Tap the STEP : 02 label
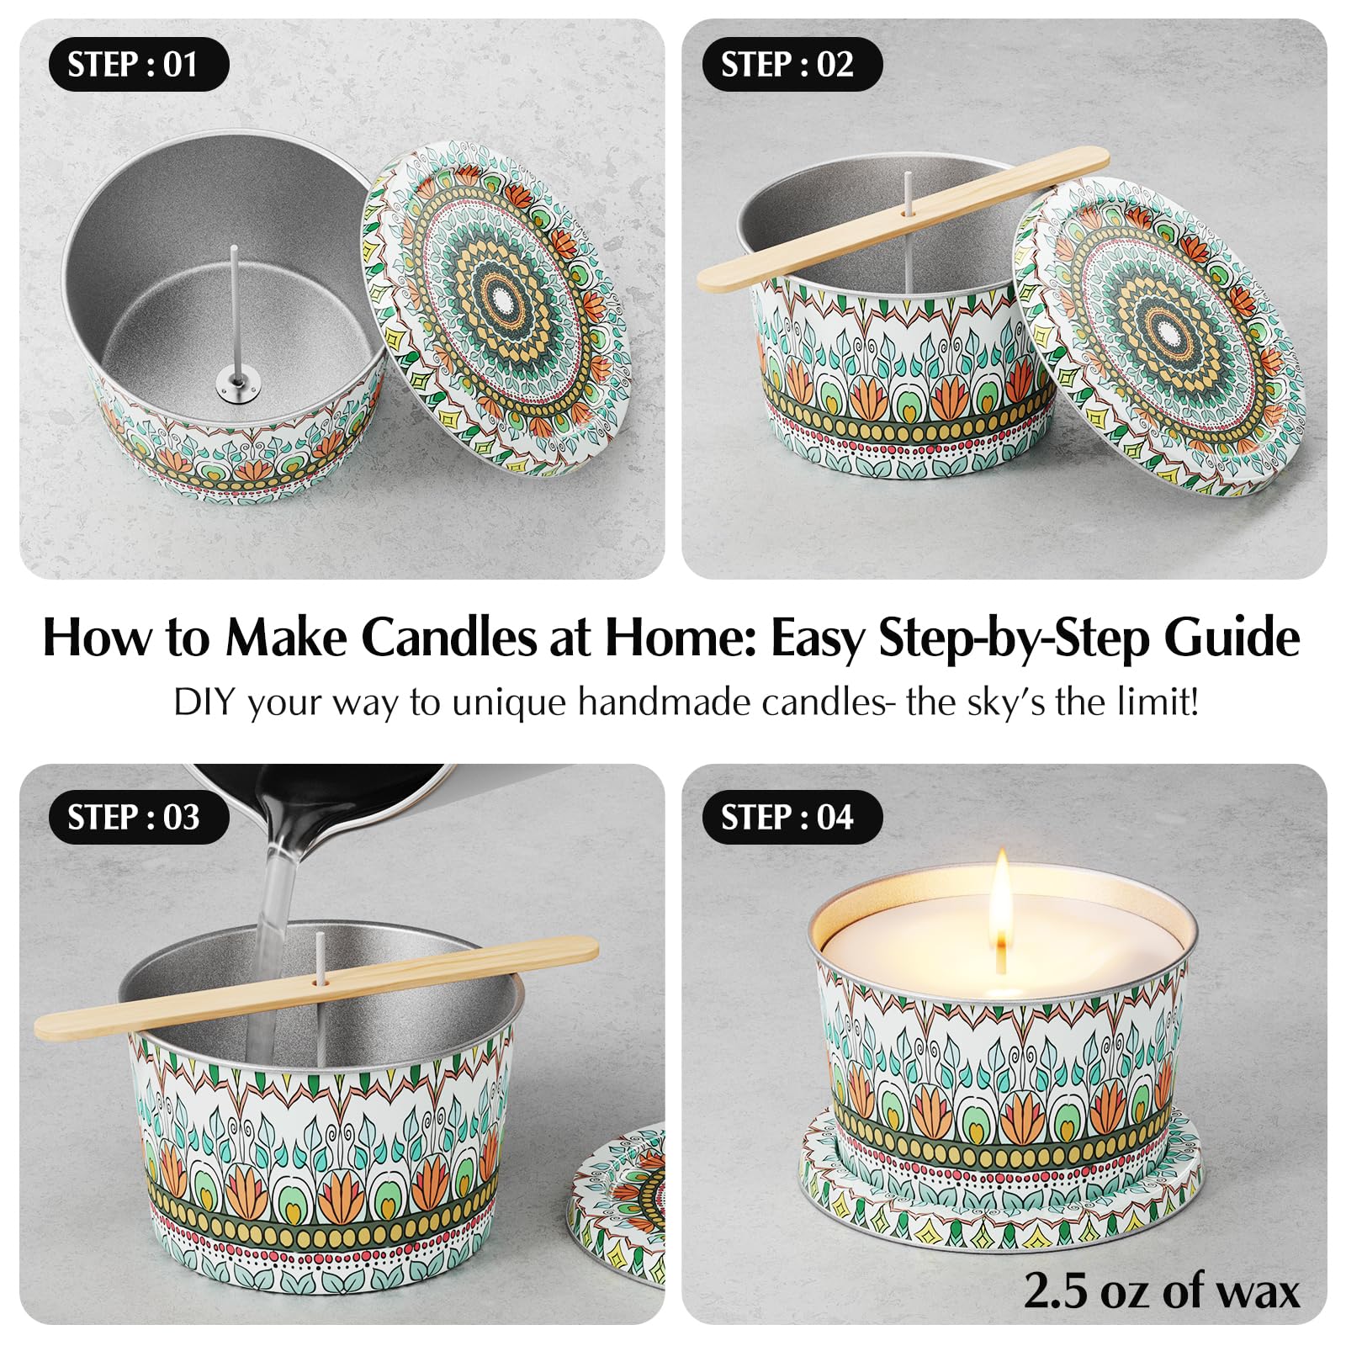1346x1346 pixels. (x=787, y=65)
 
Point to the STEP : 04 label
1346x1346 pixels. (x=787, y=818)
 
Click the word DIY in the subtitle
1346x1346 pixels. (x=202, y=702)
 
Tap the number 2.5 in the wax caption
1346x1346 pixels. (x=1056, y=1290)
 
